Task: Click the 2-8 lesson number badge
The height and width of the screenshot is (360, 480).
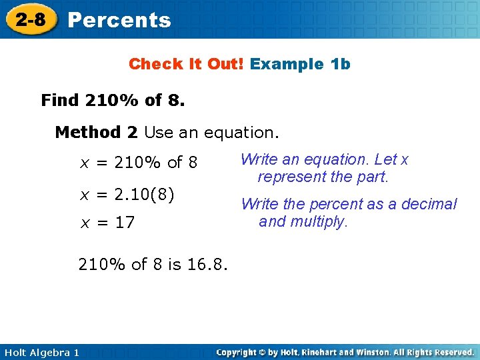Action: (31, 19)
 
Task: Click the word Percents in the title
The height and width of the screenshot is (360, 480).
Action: (119, 21)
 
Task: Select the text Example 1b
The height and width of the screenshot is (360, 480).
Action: (301, 64)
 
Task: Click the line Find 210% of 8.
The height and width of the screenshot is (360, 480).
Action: (113, 101)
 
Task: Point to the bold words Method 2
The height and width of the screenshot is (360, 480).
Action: (96, 132)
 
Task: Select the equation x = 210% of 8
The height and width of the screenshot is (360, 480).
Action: (139, 162)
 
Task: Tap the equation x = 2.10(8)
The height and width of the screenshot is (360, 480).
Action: (127, 195)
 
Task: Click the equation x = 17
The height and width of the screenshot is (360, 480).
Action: (107, 223)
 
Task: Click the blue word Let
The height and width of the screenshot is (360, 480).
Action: (385, 160)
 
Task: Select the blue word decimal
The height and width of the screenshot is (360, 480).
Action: (429, 204)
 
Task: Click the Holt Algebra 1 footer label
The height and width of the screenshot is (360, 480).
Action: (41, 352)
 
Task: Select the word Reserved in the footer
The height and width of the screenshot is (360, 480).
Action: (449, 352)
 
